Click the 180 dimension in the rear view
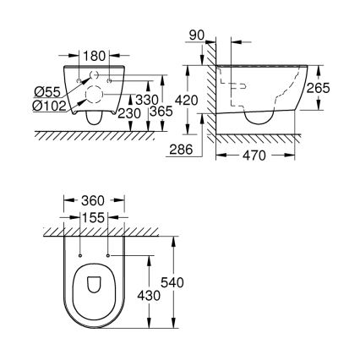pos(95,57)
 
